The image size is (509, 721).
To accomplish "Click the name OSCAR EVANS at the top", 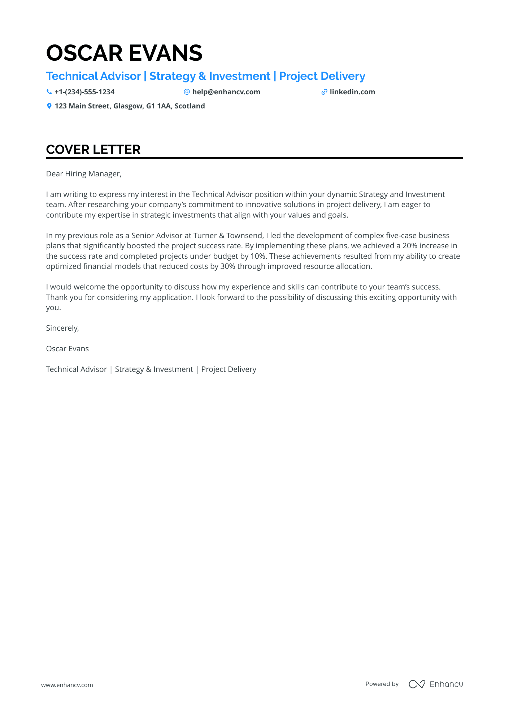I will pyautogui.click(x=124, y=53).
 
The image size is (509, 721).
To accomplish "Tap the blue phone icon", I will pyautogui.click(x=49, y=92).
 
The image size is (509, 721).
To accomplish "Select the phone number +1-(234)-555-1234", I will pyautogui.click(x=84, y=92).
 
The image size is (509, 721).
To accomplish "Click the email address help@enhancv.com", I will pyautogui.click(x=226, y=92).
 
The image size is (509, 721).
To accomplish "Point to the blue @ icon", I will pyautogui.click(x=187, y=92).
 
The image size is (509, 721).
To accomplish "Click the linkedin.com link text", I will pyautogui.click(x=352, y=92).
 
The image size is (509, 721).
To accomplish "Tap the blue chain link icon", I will pyautogui.click(x=324, y=92).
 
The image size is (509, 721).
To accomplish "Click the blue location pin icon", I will pyautogui.click(x=49, y=106).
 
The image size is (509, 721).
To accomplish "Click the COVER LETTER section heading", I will pyautogui.click(x=93, y=150).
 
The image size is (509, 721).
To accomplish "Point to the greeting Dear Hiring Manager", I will pyautogui.click(x=84, y=174).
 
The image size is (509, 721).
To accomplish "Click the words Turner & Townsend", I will pyautogui.click(x=229, y=236).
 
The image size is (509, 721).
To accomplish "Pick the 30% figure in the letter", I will pyautogui.click(x=227, y=266).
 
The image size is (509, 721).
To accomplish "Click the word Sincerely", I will pyautogui.click(x=62, y=328).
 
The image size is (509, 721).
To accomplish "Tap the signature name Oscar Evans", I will pyautogui.click(x=68, y=349).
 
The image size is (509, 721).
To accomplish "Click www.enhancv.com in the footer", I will pyautogui.click(x=67, y=685).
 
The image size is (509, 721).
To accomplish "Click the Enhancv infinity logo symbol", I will pyautogui.click(x=417, y=684).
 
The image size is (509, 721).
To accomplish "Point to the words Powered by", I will pyautogui.click(x=382, y=684).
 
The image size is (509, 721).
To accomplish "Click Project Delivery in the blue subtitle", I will pyautogui.click(x=322, y=76).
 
